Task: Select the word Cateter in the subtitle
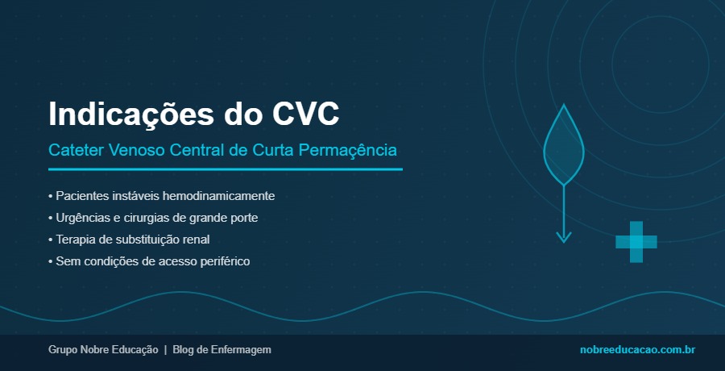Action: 72,151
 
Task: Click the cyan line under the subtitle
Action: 225,169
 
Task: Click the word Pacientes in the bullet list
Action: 80,196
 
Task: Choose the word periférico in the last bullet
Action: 222,261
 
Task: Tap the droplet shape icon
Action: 564,145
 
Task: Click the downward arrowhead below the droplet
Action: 564,236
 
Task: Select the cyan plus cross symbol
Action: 636,241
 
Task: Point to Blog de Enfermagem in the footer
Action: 222,350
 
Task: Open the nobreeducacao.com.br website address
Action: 637,350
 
